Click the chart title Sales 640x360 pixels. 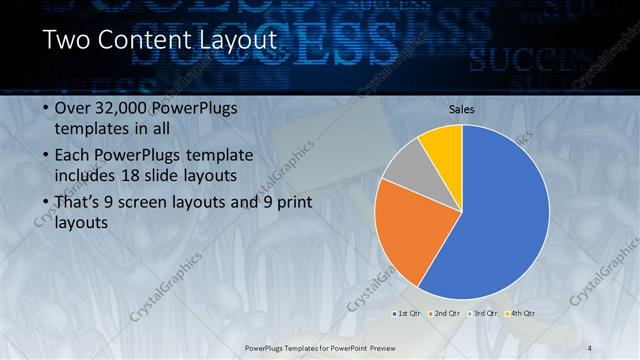(461, 109)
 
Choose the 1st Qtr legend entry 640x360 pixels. (405, 313)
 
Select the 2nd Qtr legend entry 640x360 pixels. (444, 313)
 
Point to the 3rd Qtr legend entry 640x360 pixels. (483, 313)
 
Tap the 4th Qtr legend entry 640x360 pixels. (521, 313)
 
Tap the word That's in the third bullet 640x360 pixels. (78, 202)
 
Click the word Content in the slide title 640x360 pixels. (144, 41)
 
